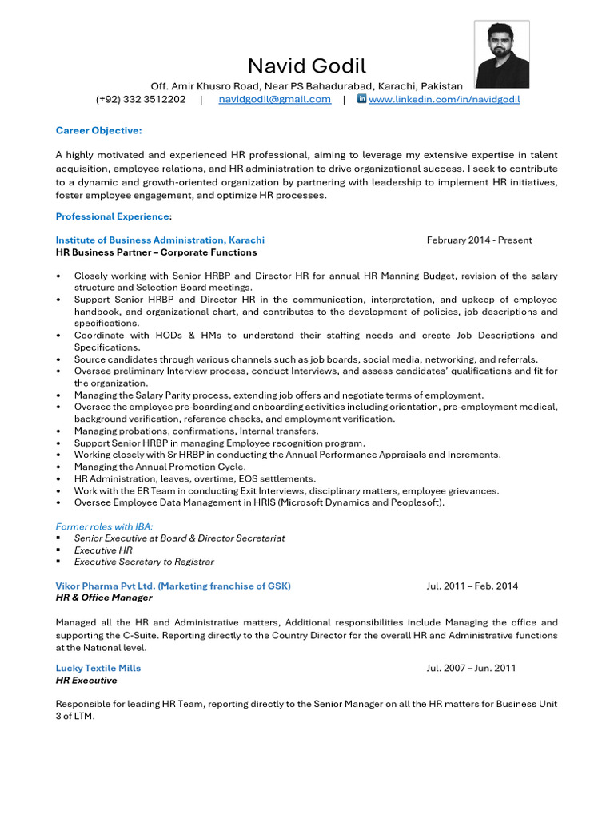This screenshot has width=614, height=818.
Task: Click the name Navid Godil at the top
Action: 306,66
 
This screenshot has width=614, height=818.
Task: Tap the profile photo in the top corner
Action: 501,54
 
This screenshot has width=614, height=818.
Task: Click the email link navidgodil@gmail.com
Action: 274,99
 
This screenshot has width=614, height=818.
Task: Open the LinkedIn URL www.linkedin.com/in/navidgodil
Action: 444,99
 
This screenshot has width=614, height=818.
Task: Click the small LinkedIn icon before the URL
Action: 361,99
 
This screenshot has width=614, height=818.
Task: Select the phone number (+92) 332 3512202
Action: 141,99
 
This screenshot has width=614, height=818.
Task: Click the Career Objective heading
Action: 98,130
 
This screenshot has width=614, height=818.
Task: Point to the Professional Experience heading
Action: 112,216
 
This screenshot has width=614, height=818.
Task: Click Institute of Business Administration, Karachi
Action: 160,240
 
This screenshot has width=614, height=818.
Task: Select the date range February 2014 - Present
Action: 479,240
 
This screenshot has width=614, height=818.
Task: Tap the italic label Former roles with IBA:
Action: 104,526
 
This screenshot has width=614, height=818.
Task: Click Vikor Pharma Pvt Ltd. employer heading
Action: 173,586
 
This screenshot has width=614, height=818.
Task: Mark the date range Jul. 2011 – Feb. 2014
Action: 472,586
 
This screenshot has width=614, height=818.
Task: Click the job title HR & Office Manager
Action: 104,598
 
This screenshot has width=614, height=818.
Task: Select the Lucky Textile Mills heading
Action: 98,668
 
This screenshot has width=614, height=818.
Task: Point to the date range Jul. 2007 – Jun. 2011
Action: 471,668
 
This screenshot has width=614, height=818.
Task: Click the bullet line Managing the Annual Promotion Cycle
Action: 160,467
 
